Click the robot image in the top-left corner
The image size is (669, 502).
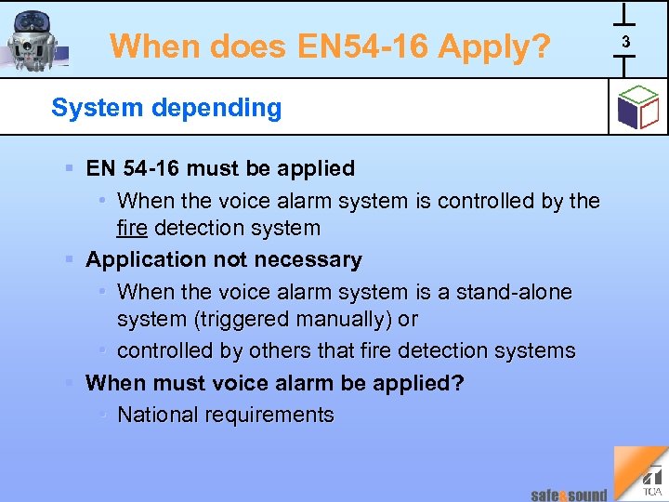point(34,41)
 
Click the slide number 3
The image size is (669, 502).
point(625,42)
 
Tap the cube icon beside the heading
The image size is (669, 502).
point(637,108)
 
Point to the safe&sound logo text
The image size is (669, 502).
point(569,495)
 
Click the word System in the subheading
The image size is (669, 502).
point(87,108)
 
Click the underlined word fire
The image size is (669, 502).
point(132,228)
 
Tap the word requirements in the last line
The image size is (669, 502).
point(274,415)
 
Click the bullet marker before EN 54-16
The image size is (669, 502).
point(71,168)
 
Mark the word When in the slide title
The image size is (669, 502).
point(150,46)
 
